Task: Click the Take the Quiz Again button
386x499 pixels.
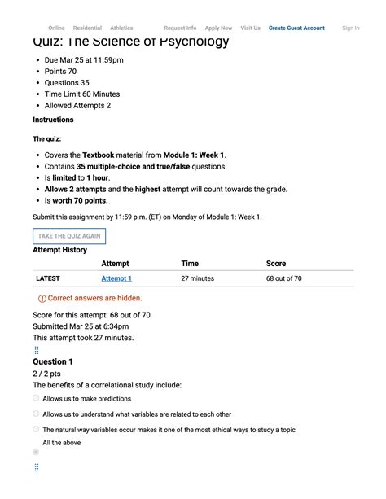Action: (69, 237)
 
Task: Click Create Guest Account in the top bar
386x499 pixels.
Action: (296, 28)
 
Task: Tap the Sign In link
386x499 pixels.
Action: (351, 28)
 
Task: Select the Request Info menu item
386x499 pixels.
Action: (180, 28)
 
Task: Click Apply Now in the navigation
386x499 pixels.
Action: (218, 28)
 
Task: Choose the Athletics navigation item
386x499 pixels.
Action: (121, 28)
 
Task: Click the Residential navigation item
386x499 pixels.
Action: (87, 28)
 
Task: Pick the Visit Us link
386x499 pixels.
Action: (251, 28)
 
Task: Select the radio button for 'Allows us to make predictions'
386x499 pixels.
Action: (36, 399)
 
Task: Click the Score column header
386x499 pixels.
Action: (276, 264)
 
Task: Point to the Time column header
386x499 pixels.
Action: (190, 264)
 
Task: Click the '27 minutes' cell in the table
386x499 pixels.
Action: (198, 278)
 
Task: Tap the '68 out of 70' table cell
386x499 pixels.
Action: (284, 278)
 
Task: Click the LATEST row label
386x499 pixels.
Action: (48, 278)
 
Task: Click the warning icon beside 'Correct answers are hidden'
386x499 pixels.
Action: (42, 299)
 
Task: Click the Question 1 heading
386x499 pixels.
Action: (53, 361)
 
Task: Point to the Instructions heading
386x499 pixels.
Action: (53, 120)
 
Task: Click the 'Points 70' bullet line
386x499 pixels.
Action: (60, 72)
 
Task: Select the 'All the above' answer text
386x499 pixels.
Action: (61, 443)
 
